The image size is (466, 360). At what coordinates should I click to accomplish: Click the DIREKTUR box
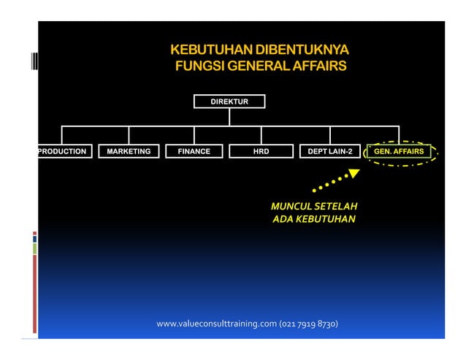point(229,101)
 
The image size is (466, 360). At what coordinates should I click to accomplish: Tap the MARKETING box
point(129,152)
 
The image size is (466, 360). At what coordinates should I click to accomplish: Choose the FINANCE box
point(194,152)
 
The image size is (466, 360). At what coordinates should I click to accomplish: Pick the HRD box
point(261,152)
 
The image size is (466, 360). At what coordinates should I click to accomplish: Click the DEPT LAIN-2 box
point(329,152)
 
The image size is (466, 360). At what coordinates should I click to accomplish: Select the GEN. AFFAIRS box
point(399,152)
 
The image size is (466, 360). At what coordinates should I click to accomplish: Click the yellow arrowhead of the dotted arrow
point(354,174)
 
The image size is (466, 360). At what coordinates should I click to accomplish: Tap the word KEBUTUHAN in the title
point(207,51)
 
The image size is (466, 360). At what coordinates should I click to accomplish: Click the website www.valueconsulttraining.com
point(216,323)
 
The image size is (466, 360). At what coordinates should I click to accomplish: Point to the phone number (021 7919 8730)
point(308,323)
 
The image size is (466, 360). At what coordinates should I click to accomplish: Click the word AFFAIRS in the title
point(316,68)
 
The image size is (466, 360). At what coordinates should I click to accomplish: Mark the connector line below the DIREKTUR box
point(229,117)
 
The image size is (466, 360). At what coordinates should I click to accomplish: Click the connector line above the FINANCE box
point(194,136)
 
